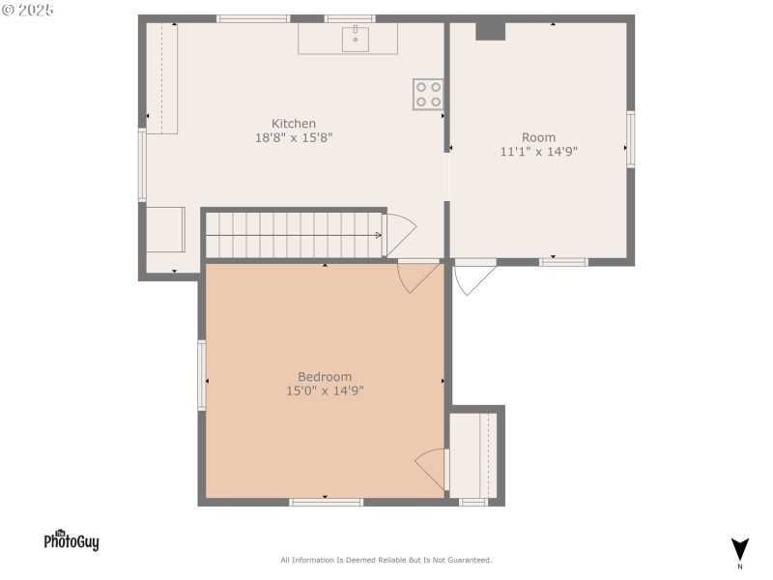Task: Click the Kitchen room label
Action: point(293,124)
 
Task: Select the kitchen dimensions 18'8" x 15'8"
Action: point(293,138)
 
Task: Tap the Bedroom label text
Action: point(324,377)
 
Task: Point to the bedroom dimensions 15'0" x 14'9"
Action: point(324,391)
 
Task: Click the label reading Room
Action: point(538,137)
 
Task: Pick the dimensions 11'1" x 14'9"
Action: point(538,152)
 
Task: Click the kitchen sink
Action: point(355,39)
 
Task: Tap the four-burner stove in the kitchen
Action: point(428,94)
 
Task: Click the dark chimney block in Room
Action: point(491,31)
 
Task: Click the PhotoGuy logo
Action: point(72,541)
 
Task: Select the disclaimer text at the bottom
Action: point(386,560)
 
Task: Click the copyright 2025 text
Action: point(28,10)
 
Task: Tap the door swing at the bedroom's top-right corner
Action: point(418,277)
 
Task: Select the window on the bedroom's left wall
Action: point(202,375)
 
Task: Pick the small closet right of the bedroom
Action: point(473,455)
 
